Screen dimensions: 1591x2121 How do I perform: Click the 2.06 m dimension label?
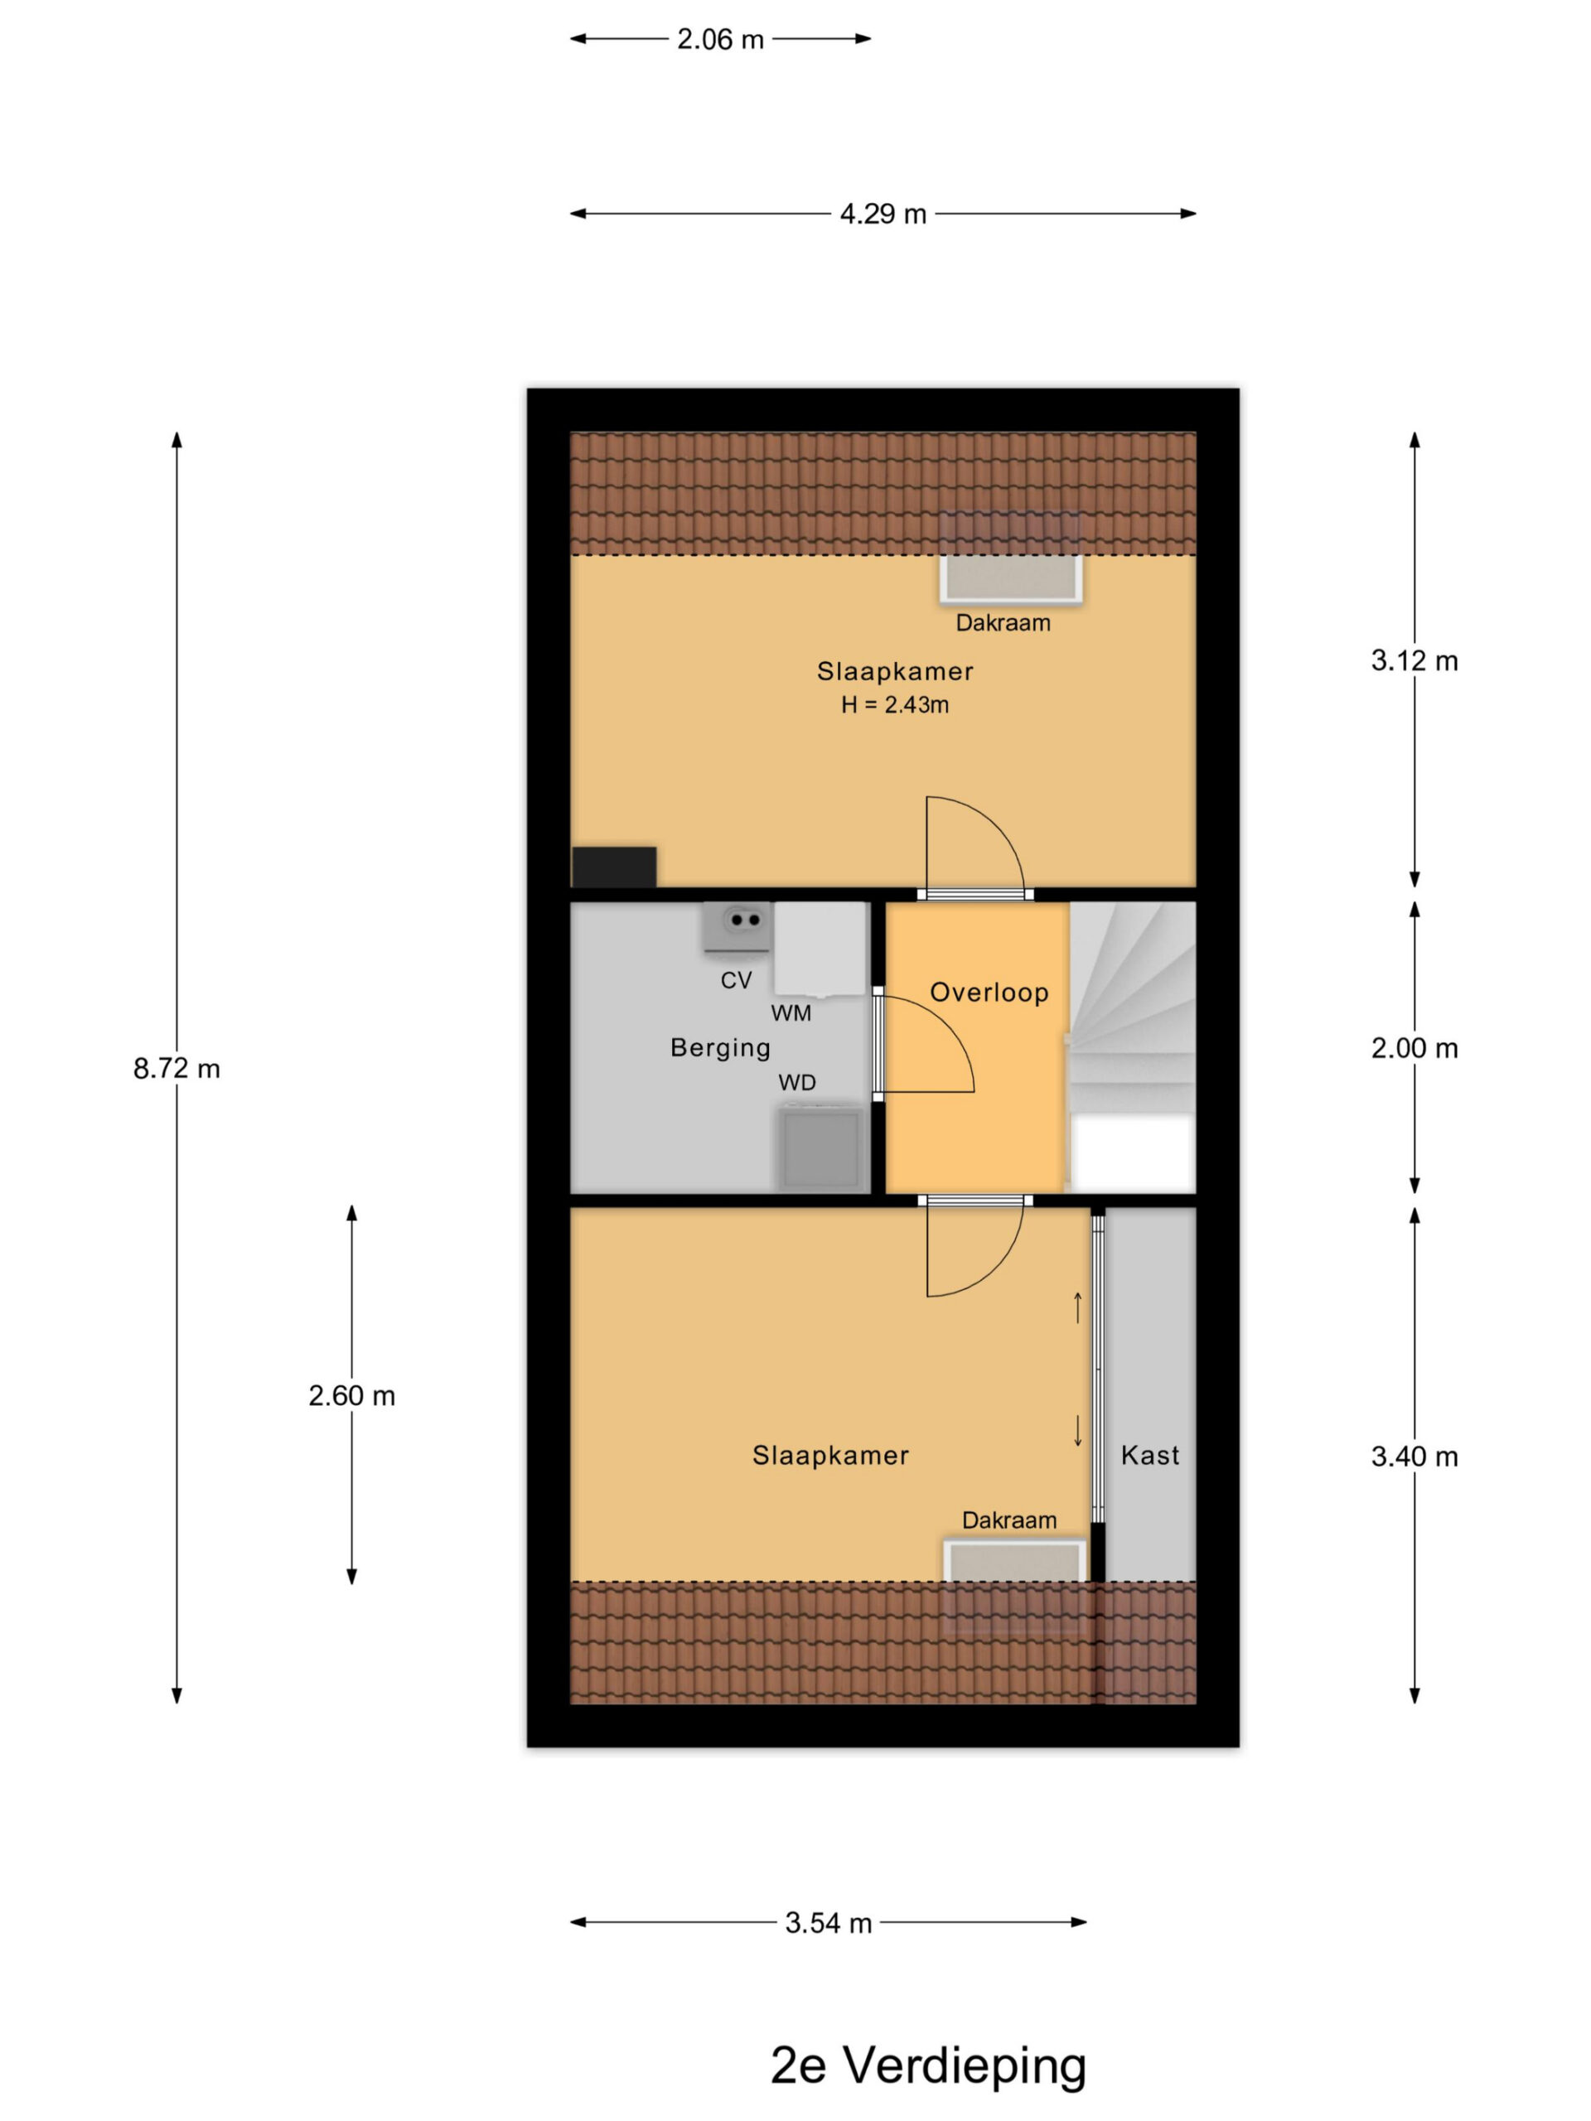(x=720, y=39)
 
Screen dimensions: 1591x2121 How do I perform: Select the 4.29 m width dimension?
(x=883, y=214)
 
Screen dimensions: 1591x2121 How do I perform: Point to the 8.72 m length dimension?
(x=177, y=1068)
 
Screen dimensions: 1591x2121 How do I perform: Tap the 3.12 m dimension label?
(x=1414, y=660)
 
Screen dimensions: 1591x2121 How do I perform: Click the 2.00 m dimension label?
(x=1414, y=1048)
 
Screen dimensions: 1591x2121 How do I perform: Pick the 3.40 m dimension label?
(x=1414, y=1457)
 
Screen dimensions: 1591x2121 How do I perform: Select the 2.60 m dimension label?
(x=352, y=1395)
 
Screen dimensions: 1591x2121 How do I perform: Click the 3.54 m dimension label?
(x=829, y=1922)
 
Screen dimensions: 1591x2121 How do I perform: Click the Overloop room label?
(x=989, y=993)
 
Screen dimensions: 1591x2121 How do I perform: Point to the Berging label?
(x=720, y=1048)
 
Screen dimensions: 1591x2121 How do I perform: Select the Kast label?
(x=1150, y=1456)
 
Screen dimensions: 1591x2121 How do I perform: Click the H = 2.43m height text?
(x=895, y=705)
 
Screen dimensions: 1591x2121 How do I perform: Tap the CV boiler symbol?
(x=737, y=926)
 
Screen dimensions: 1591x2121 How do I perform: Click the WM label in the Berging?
(x=791, y=1013)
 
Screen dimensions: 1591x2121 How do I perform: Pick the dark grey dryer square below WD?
(x=821, y=1147)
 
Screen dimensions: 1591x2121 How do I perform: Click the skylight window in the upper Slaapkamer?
(x=1011, y=578)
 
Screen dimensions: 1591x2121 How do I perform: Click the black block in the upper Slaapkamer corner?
(x=615, y=867)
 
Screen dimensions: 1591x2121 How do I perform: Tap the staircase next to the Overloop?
(x=1133, y=1046)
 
